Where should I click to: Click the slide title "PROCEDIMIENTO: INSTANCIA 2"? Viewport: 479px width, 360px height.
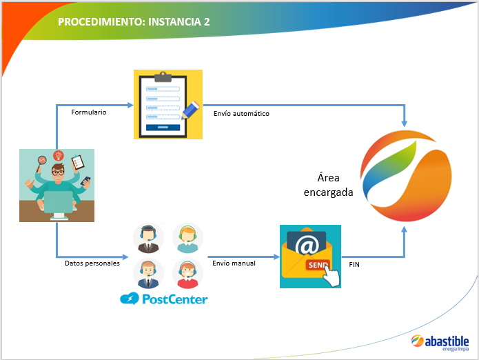click(x=134, y=22)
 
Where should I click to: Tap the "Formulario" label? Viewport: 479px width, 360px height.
click(x=89, y=112)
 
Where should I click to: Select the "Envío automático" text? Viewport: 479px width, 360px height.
click(x=241, y=113)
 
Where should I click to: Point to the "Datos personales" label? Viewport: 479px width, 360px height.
click(x=92, y=263)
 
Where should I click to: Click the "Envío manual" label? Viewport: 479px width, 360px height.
click(x=234, y=263)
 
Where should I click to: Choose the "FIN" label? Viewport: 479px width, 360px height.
click(x=354, y=264)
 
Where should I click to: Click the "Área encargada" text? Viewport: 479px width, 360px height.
click(x=328, y=185)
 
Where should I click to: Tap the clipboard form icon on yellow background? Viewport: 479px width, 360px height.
click(x=168, y=105)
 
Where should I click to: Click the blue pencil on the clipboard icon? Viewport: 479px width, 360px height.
click(x=190, y=110)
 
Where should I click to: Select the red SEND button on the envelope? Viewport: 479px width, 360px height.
click(x=318, y=265)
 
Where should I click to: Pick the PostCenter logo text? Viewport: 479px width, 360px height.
click(x=175, y=299)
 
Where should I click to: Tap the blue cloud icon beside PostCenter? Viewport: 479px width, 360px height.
click(x=130, y=299)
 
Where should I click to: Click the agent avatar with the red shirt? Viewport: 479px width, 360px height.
click(x=187, y=274)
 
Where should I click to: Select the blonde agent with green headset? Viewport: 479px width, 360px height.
click(x=187, y=238)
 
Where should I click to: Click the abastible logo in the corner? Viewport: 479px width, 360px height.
click(x=440, y=343)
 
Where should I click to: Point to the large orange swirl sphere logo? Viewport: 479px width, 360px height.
click(x=406, y=176)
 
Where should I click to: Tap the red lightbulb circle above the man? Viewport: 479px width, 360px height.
click(x=59, y=156)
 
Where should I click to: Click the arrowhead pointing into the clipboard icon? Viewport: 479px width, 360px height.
click(x=130, y=105)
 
